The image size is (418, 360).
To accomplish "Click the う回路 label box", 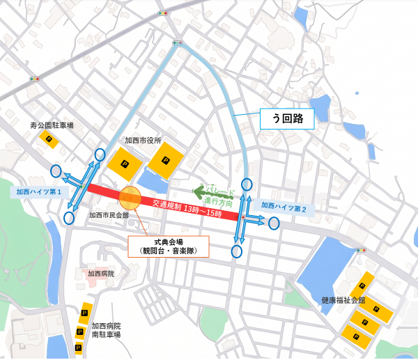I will click(x=286, y=119).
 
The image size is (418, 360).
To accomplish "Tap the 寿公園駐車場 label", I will click(x=52, y=125).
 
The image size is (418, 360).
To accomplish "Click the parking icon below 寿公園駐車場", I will click(x=50, y=141).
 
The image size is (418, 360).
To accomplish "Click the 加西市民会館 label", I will click(x=109, y=216).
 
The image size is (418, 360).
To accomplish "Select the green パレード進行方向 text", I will click(x=217, y=194).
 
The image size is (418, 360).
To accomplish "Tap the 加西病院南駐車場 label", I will click(x=107, y=330).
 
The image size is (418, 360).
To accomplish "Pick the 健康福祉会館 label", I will click(x=343, y=300).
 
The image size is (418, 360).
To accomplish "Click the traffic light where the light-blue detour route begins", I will click(x=177, y=43).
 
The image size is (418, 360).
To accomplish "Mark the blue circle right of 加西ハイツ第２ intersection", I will click(x=274, y=223).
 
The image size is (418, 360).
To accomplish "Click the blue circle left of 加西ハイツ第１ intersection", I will click(x=56, y=171).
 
